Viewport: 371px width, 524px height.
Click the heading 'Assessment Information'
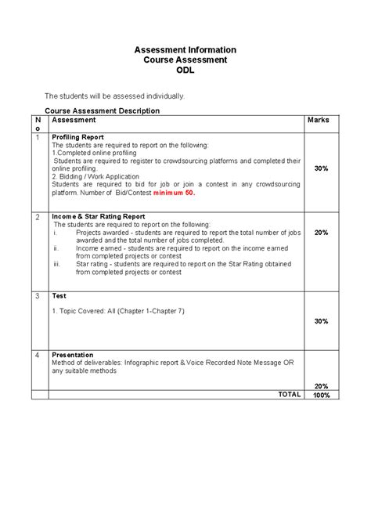click(x=185, y=50)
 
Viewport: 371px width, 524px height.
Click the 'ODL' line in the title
click(x=185, y=70)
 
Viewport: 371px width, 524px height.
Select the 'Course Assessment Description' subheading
click(x=102, y=111)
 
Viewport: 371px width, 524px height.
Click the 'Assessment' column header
click(x=74, y=121)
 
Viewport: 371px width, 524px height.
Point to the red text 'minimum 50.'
click(x=174, y=192)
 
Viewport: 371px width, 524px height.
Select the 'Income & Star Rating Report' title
click(x=98, y=216)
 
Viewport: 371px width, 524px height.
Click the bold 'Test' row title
click(x=59, y=296)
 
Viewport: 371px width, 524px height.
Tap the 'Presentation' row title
click(x=72, y=355)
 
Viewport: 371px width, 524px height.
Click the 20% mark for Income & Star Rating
click(x=321, y=233)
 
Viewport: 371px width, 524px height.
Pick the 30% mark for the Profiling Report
click(x=321, y=168)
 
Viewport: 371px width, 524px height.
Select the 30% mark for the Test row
click(x=321, y=321)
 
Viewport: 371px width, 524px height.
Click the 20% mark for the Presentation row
click(x=321, y=386)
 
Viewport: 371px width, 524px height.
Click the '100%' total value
click(x=321, y=396)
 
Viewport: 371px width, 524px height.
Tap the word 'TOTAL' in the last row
click(x=289, y=395)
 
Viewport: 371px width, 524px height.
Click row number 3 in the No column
click(x=37, y=296)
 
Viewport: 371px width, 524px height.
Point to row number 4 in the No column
click(x=37, y=355)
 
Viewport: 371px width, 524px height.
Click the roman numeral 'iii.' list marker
click(x=57, y=265)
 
